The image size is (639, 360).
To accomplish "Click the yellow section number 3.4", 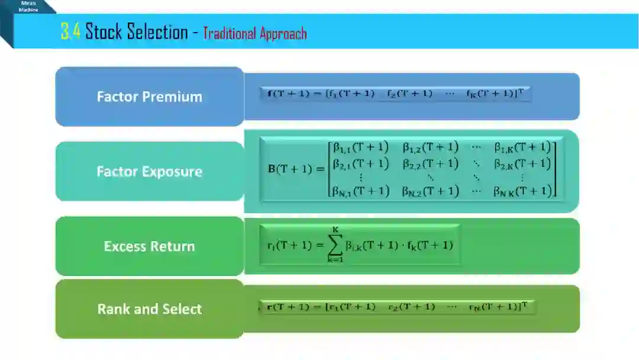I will point(70,31).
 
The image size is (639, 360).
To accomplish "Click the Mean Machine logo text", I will point(28,7).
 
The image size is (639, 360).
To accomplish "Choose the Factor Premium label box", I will point(150,97).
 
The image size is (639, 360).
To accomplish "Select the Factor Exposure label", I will point(150,172).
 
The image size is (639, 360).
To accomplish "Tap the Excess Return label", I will point(150,246).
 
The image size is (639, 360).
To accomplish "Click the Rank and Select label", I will point(150,309).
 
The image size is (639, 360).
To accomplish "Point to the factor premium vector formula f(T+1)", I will point(395,94).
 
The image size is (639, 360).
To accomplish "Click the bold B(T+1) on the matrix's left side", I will point(294,169).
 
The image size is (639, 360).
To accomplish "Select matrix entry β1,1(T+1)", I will point(360,147).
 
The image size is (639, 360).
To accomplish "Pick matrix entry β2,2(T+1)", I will point(430,163).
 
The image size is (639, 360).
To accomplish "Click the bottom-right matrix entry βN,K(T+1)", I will point(522,191).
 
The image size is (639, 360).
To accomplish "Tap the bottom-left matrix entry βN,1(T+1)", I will point(360,191).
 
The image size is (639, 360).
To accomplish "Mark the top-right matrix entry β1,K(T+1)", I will point(522,147).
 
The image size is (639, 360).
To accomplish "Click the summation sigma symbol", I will point(335,244).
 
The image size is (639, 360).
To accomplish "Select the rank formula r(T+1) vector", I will point(398,307).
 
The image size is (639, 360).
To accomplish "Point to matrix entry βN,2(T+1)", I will point(430,191).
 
